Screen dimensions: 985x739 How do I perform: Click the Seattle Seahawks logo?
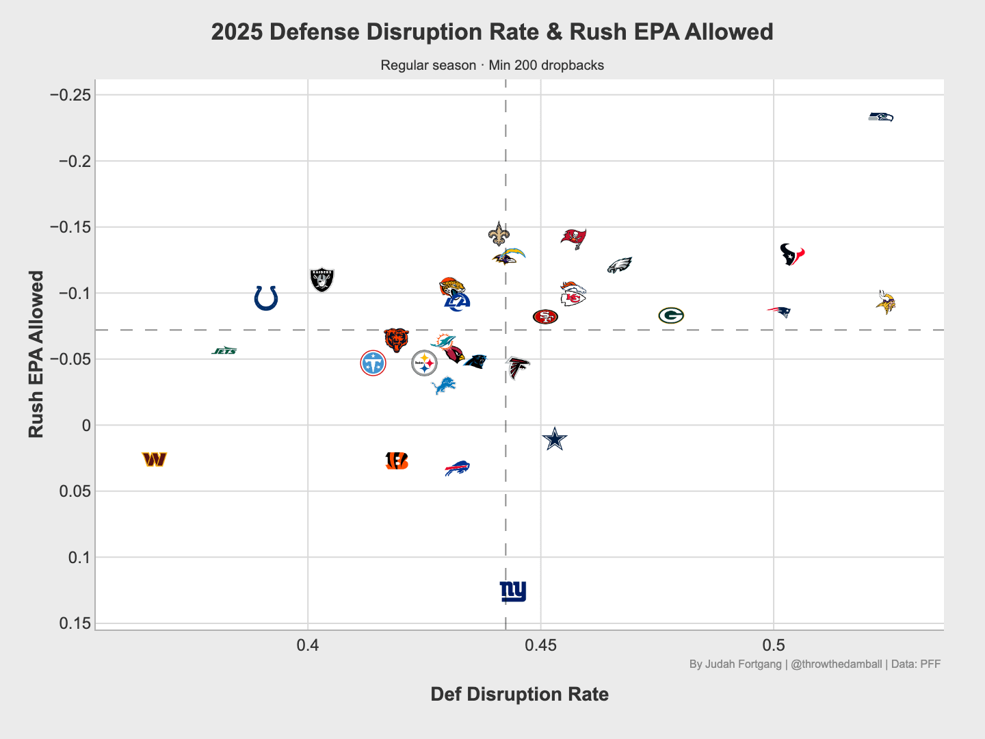tap(880, 117)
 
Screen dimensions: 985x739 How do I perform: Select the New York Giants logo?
tap(513, 591)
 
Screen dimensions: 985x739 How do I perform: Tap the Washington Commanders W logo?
tap(155, 459)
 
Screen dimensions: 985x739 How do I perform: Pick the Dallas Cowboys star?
tap(555, 439)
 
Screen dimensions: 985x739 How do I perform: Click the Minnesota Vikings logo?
tap(885, 302)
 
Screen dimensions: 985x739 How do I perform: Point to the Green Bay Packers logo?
tap(671, 315)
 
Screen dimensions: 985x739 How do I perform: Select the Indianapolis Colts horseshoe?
tap(265, 298)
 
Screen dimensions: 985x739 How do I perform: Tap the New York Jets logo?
tap(224, 350)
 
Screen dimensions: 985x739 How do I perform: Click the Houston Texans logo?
tap(792, 255)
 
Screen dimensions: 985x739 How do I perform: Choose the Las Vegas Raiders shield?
tap(321, 280)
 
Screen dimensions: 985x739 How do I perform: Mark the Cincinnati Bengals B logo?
tap(397, 461)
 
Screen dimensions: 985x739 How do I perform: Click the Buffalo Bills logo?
tap(457, 468)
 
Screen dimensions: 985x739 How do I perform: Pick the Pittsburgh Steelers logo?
tap(424, 363)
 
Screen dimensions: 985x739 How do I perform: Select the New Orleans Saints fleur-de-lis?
tap(499, 234)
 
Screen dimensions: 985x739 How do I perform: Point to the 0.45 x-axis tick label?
tap(540, 645)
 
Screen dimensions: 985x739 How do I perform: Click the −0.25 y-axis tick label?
tap(70, 95)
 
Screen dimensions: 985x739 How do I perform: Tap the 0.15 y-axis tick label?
tap(75, 623)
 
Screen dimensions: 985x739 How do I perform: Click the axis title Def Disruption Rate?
tap(520, 694)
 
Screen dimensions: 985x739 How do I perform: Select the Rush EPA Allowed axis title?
tap(36, 354)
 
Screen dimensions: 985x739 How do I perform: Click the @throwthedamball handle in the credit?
tap(836, 664)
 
